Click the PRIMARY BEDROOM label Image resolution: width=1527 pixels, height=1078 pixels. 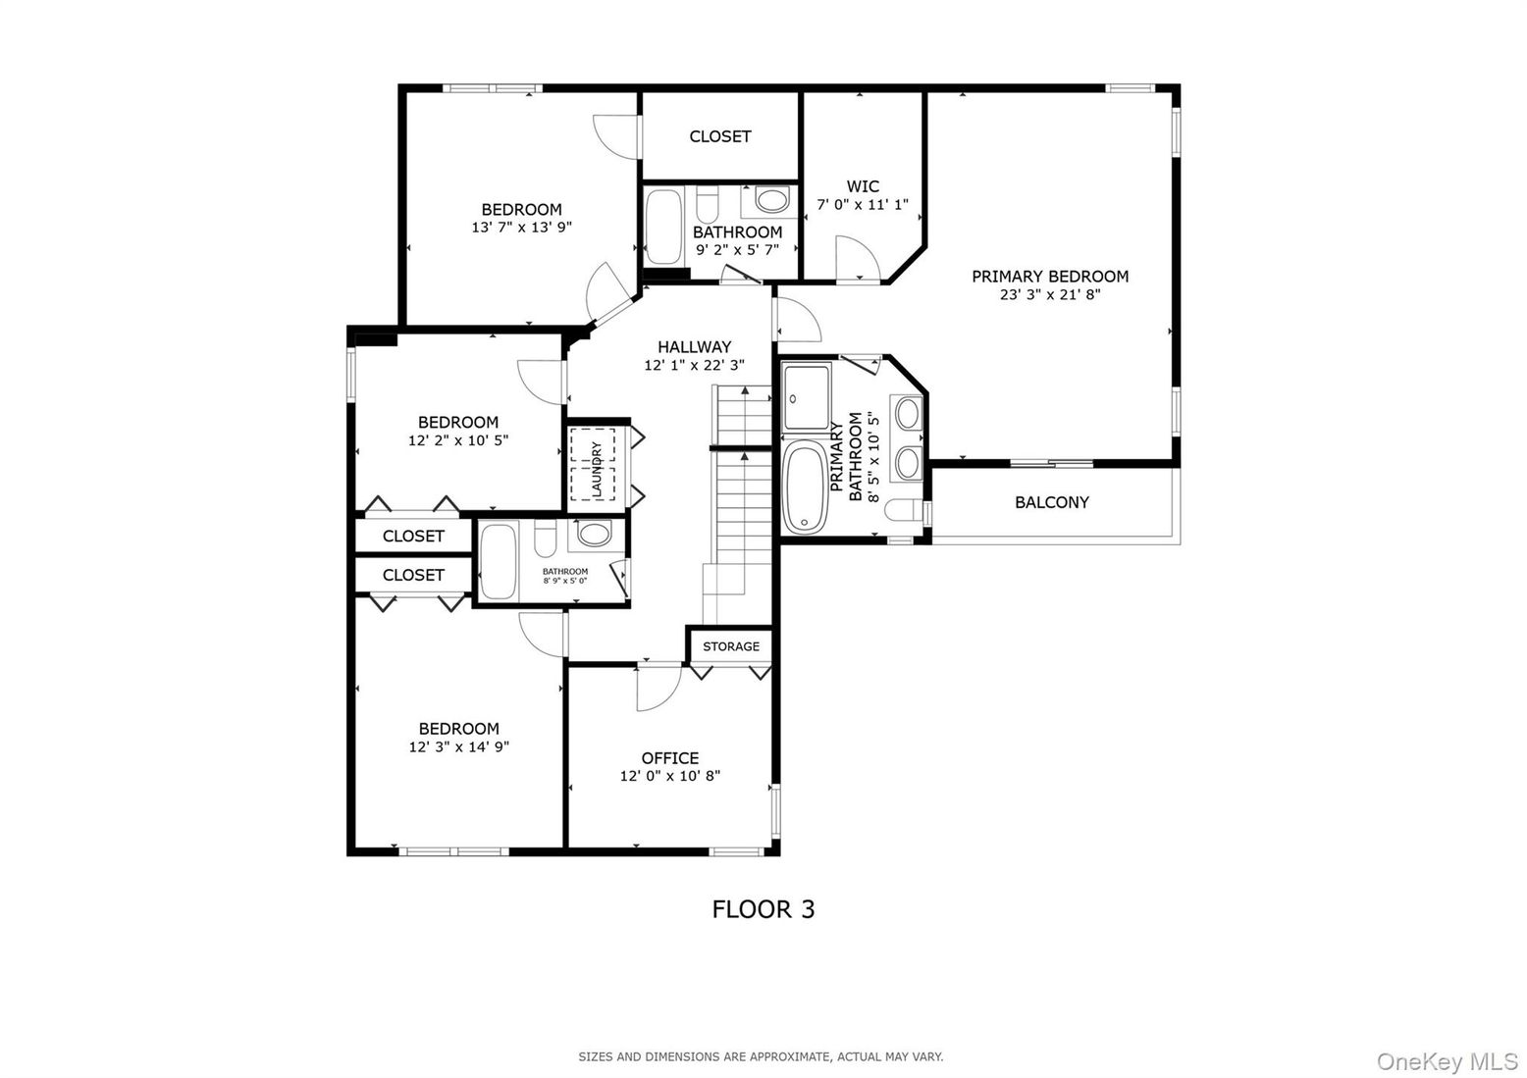[x=1049, y=277]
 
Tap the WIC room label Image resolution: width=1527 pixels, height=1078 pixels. [x=863, y=186]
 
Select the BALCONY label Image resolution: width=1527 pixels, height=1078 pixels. [x=1051, y=502]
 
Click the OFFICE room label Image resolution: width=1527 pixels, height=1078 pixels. [x=670, y=758]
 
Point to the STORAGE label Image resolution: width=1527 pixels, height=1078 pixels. [x=730, y=646]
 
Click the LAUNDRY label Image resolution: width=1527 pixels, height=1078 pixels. [x=595, y=467]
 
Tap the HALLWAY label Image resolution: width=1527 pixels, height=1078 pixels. [x=694, y=347]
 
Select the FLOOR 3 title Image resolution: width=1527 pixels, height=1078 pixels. [x=763, y=909]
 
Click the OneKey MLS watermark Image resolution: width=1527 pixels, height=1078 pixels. [x=1447, y=1061]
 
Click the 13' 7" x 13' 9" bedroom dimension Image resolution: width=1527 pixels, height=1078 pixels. [x=521, y=227]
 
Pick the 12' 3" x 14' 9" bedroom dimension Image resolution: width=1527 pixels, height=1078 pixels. [x=458, y=746]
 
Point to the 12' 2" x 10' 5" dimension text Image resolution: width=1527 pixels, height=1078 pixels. [x=457, y=440]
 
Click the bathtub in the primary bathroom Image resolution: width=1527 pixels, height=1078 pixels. [x=806, y=488]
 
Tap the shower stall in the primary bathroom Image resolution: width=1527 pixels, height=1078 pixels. [x=807, y=397]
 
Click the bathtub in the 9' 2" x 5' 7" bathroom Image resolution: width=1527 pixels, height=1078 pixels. [x=663, y=228]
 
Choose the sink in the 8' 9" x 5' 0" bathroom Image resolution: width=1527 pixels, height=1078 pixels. [x=593, y=534]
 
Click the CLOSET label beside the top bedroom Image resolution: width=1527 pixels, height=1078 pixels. [x=719, y=136]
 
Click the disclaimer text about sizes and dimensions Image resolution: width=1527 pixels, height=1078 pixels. [x=761, y=1056]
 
